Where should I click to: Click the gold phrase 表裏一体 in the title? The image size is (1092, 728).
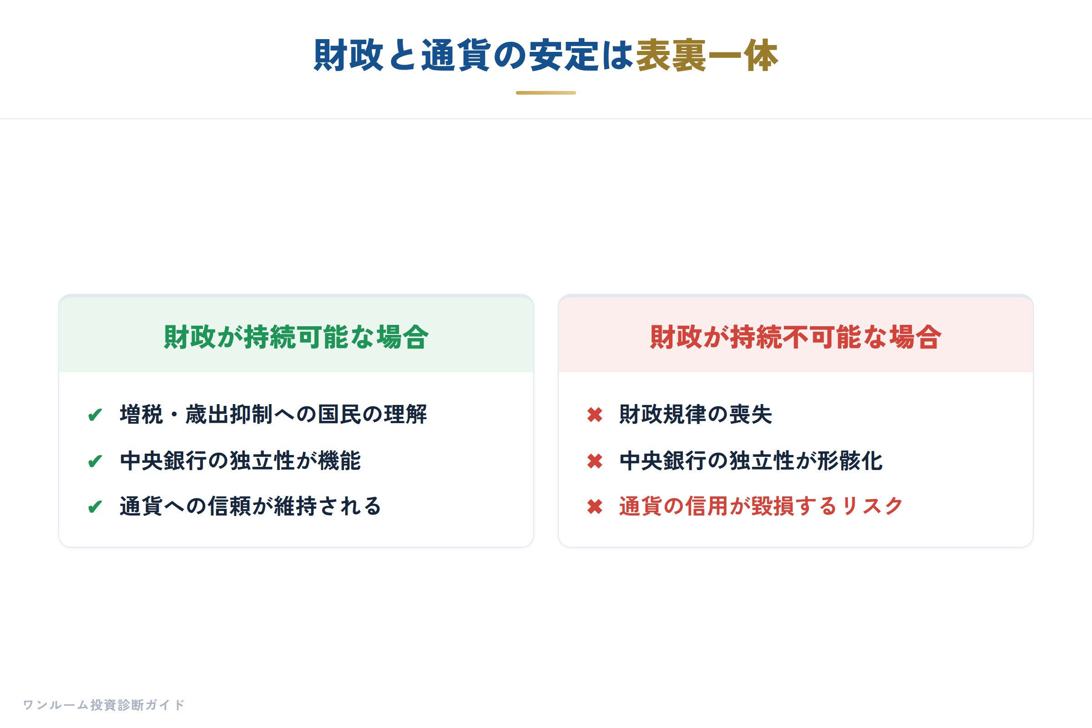[707, 55]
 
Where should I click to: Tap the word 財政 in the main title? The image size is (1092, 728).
[348, 55]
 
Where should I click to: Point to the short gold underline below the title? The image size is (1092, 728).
[546, 93]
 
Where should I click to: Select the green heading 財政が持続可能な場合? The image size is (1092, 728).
[296, 337]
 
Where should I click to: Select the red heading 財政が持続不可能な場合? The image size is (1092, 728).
[796, 337]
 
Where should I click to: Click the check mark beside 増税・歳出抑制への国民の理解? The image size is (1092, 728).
[95, 415]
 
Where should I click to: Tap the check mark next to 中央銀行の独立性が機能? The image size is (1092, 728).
[95, 461]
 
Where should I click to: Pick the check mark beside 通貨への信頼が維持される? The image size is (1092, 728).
[95, 506]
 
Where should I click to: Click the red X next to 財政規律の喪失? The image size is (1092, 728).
[595, 415]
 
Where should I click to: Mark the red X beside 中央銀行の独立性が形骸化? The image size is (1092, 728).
[595, 461]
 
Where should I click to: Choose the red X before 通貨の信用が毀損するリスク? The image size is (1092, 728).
[595, 506]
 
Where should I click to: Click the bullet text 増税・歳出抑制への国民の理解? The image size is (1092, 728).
[273, 414]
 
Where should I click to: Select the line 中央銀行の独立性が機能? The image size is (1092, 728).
[241, 460]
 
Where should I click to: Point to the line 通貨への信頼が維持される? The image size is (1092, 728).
[251, 506]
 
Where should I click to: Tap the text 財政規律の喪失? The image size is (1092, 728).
[696, 414]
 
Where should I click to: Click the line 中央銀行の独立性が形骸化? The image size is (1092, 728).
[751, 460]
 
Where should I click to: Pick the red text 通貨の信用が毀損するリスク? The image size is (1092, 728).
[761, 506]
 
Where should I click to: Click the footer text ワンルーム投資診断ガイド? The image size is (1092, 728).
[104, 705]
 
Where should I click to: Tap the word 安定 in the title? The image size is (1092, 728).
[564, 55]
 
